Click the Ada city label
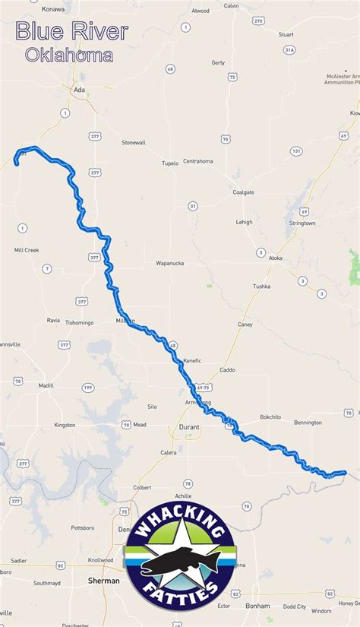point(79,90)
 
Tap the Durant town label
point(189,427)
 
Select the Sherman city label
point(103,581)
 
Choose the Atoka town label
point(275,258)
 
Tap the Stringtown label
point(302,223)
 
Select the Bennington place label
point(308,422)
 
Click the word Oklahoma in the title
point(68,55)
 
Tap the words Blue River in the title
point(72,32)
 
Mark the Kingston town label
point(65,425)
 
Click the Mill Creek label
point(27,249)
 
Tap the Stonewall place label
point(134,142)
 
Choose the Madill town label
point(46,385)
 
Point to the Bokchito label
point(270,416)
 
